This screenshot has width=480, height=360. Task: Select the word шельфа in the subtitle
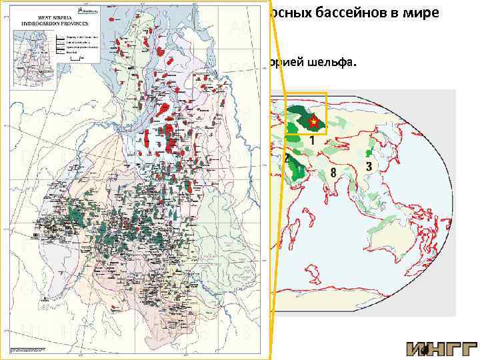coord(334,63)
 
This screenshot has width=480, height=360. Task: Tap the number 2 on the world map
coord(286,159)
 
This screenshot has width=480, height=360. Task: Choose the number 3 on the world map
coord(368,164)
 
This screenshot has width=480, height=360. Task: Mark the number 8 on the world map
coord(331,175)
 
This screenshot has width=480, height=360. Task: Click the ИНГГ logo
coord(441,348)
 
